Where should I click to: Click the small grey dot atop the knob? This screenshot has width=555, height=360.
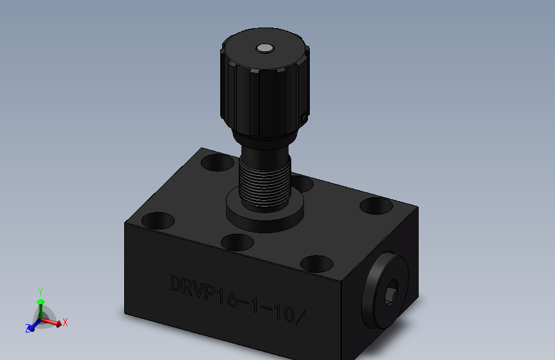[x=264, y=48]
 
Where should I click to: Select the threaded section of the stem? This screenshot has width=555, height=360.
[x=264, y=183]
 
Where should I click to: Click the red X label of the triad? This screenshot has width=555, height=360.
[x=65, y=322]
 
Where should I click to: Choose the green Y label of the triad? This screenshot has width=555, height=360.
[x=40, y=290]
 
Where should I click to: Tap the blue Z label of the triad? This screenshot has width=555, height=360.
[x=28, y=329]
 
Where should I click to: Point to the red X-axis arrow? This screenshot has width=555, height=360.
[x=54, y=323]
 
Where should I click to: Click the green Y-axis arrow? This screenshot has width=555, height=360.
[x=40, y=304]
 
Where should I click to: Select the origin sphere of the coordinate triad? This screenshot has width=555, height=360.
[x=40, y=319]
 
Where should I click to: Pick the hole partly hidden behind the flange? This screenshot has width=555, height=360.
[x=301, y=184]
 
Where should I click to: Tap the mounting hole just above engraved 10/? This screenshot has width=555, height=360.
[x=316, y=263]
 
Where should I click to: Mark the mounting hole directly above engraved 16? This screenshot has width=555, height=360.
[x=237, y=241]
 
